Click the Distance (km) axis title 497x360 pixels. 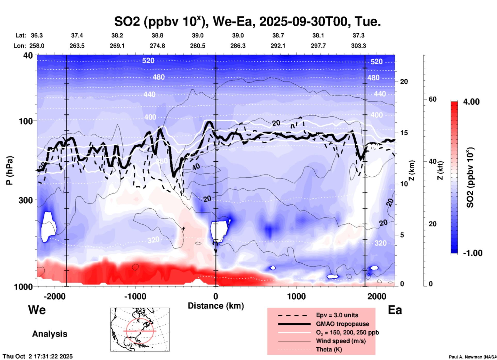216,306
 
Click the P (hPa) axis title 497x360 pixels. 10,170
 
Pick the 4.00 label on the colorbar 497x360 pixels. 471,102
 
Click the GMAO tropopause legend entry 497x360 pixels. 342,324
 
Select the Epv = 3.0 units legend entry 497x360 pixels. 337,315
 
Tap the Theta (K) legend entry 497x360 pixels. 329,349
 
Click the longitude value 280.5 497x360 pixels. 198,46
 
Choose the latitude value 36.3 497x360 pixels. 37,35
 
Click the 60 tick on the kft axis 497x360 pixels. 432,99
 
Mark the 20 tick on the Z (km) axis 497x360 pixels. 404,82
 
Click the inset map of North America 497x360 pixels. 140,329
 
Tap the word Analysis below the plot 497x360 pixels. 50,334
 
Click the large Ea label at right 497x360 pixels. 395,310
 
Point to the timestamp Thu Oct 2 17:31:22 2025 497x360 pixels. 38,356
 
